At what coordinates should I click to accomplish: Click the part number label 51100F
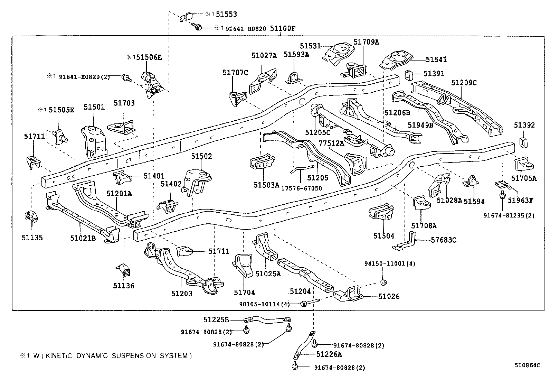283,29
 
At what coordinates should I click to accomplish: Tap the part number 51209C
464,82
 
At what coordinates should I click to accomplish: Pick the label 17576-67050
302,188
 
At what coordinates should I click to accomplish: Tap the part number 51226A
329,354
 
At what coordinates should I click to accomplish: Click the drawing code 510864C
528,365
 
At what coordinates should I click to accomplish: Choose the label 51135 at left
32,238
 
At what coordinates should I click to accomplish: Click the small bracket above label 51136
124,270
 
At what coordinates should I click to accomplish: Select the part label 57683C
444,240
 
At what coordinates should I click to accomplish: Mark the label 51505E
61,110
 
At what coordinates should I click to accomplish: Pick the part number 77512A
331,143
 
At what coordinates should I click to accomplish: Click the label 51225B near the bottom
216,320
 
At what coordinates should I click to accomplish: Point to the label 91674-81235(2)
509,215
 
